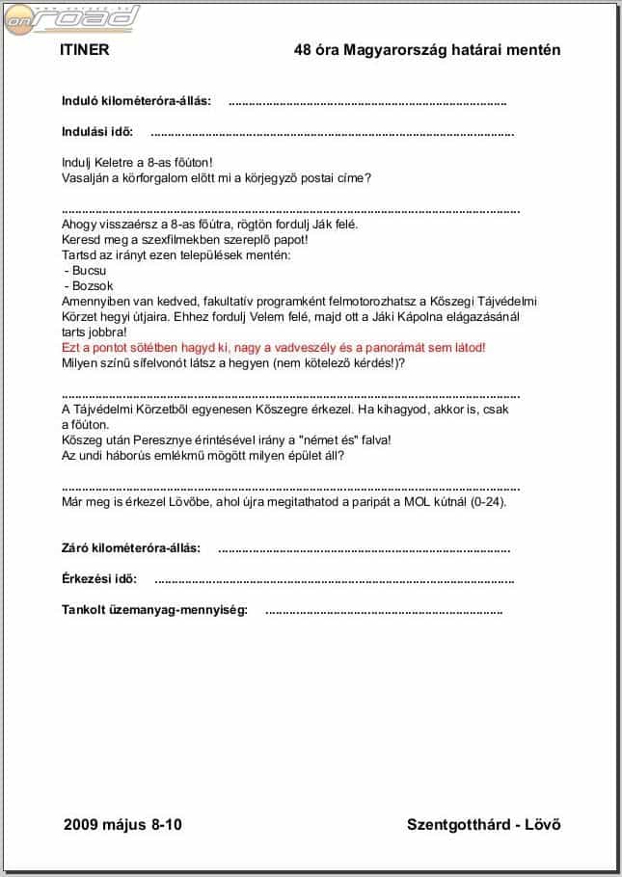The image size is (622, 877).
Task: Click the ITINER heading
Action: tap(84, 50)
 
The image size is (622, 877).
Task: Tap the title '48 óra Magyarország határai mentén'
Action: tap(427, 50)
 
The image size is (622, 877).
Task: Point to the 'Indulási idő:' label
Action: tap(97, 131)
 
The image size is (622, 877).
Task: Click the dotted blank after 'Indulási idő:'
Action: tap(333, 132)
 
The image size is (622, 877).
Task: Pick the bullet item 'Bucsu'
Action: tap(89, 271)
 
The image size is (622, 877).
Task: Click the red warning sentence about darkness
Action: tap(273, 347)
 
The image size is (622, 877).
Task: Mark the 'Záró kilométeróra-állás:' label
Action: tap(131, 547)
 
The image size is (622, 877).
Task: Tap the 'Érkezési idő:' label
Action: tap(99, 579)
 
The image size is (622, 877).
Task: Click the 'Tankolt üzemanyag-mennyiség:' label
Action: tap(154, 610)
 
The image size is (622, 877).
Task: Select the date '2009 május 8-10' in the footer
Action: tap(122, 824)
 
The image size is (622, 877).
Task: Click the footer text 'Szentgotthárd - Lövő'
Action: tap(484, 824)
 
